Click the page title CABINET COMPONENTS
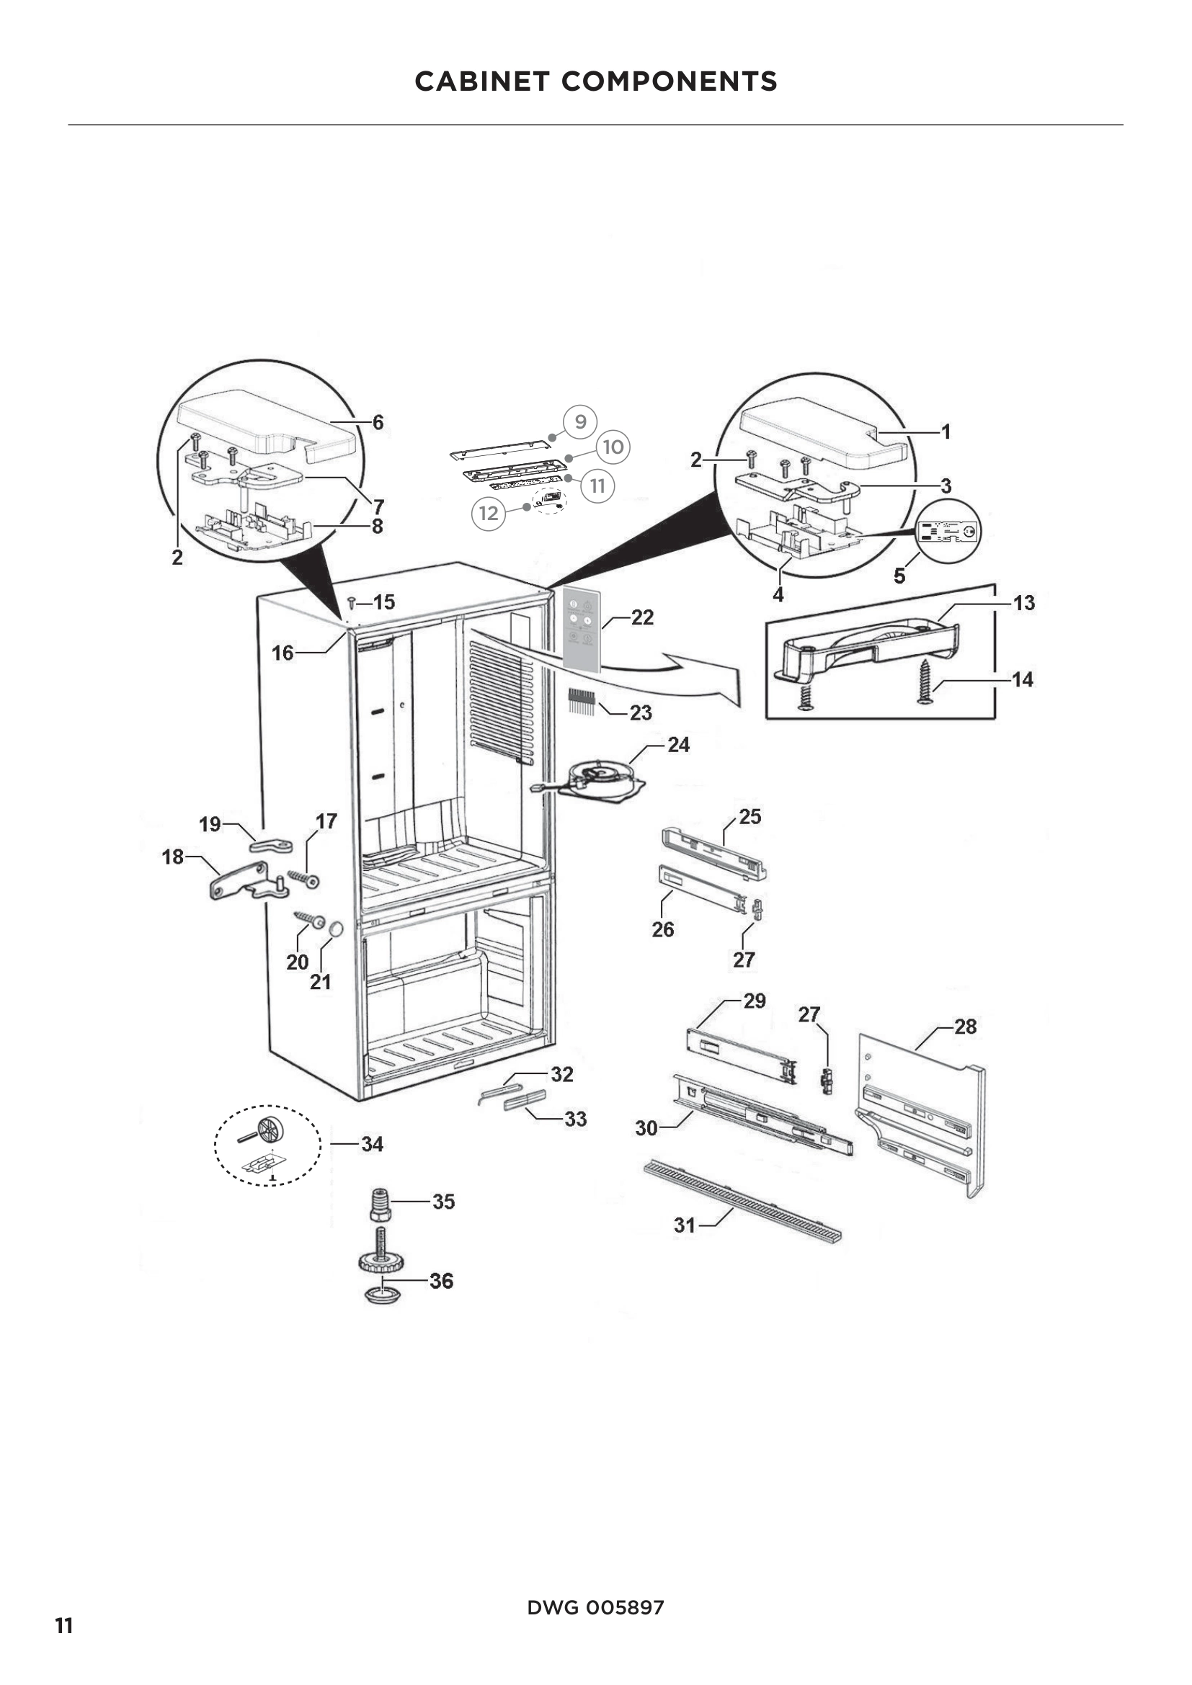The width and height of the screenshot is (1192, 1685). pyautogui.click(x=595, y=81)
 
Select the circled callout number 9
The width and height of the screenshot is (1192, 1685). pyautogui.click(x=580, y=422)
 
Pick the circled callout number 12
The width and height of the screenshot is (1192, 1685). pyautogui.click(x=489, y=513)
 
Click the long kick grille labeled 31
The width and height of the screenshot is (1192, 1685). pyautogui.click(x=742, y=1201)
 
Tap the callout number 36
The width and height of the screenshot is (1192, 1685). pyautogui.click(x=441, y=1282)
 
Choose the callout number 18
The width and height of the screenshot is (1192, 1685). pyautogui.click(x=172, y=857)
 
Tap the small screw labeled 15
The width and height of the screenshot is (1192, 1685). pyautogui.click(x=352, y=602)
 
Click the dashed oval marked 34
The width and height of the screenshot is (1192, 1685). pyautogui.click(x=267, y=1145)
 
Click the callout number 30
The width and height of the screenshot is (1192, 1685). pyautogui.click(x=646, y=1128)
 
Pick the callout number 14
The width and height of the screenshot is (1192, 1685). pyautogui.click(x=1023, y=679)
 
